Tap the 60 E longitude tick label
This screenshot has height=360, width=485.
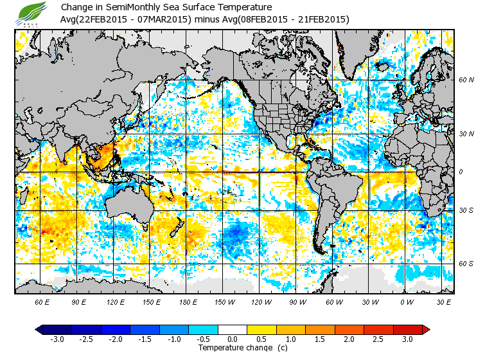[42, 301]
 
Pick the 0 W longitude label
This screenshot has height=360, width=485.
[407, 301]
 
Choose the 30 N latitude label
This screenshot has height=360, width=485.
[466, 133]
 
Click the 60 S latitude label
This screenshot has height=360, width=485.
[466, 263]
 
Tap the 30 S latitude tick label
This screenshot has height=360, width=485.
[466, 211]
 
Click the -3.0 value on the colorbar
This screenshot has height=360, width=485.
[57, 339]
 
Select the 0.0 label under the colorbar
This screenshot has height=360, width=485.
[233, 339]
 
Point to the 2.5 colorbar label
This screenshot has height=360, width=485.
[378, 339]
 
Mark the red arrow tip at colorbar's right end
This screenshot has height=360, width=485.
[426, 329]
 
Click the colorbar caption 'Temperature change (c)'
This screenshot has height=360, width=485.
[233, 348]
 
